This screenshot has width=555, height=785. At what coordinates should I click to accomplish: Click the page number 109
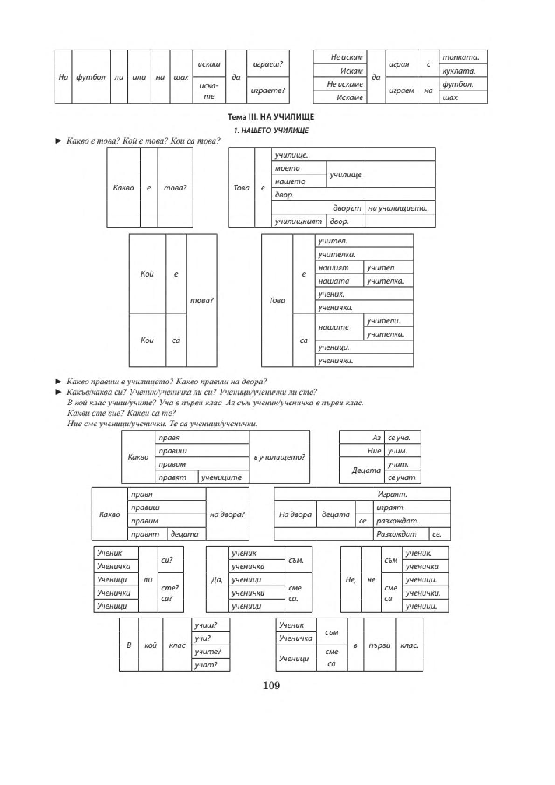click(271, 686)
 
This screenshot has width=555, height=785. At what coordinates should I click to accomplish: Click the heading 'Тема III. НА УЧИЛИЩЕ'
click(271, 117)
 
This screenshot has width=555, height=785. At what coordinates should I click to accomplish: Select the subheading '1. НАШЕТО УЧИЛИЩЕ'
click(271, 130)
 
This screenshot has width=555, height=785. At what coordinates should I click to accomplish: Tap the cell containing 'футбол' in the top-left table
click(91, 77)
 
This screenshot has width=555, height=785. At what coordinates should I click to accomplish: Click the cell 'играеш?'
click(268, 64)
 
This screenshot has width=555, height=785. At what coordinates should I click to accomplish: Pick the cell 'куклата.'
click(463, 70)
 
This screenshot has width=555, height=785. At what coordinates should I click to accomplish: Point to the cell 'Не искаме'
click(340, 84)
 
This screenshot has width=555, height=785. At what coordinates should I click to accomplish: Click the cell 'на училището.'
click(400, 208)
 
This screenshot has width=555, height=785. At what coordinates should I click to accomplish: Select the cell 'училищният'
click(299, 221)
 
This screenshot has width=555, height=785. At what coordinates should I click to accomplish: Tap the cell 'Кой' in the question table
click(147, 274)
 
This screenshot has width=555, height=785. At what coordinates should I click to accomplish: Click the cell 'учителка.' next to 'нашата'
click(388, 281)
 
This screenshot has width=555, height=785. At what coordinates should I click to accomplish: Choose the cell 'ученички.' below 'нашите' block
click(364, 361)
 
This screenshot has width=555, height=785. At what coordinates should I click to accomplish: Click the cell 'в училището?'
click(279, 457)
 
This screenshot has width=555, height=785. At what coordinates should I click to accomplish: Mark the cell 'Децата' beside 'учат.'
click(362, 470)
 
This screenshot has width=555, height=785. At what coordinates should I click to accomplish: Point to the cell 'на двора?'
click(227, 514)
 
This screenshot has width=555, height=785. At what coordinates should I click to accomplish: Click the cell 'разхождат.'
click(412, 521)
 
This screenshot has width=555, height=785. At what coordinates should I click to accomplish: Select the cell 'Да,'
click(217, 580)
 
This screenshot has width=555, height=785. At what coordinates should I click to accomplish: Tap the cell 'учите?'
click(211, 652)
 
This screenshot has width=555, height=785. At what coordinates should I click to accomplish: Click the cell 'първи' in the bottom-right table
click(380, 645)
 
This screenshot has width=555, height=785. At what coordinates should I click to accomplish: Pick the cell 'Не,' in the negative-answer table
click(351, 580)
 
